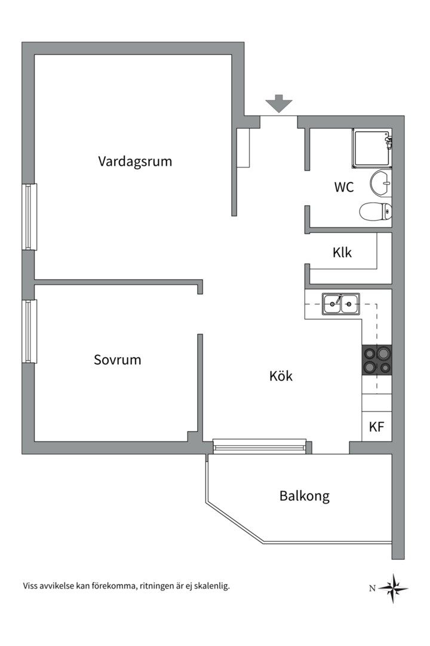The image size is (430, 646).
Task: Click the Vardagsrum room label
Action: click(135, 161)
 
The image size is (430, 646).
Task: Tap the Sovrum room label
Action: click(118, 360)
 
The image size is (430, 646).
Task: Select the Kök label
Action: click(281, 376)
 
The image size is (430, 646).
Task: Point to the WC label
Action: click(343, 187)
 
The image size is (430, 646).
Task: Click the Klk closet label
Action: click(342, 252)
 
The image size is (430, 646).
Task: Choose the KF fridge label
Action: click(376, 427)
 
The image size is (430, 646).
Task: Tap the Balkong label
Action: click(304, 496)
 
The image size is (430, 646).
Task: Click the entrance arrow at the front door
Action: click(279, 103)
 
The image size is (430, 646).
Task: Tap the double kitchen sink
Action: click(340, 304)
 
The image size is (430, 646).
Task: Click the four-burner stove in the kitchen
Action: click(376, 360)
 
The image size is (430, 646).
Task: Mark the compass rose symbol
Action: click(394, 588)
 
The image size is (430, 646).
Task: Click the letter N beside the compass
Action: click(372, 589)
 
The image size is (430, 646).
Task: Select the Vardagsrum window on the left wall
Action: click(30, 217)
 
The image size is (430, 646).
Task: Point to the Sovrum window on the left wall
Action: click(30, 331)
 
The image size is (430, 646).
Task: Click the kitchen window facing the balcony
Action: click(261, 446)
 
